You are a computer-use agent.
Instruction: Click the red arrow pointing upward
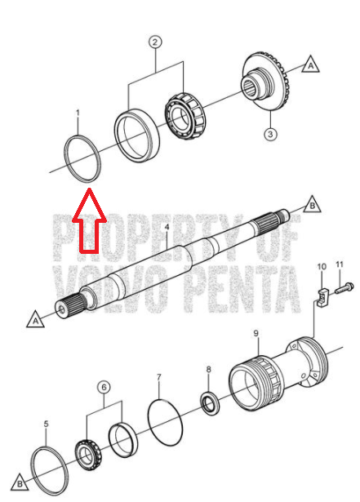tap(89, 221)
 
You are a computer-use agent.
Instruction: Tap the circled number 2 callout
tap(155, 42)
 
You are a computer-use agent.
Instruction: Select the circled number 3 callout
tap(270, 134)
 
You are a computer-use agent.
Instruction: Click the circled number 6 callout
tap(104, 388)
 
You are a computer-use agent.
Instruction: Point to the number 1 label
tap(78, 113)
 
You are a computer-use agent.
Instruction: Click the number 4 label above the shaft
tap(167, 227)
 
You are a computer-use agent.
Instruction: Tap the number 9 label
tap(256, 333)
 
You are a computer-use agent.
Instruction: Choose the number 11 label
tap(340, 264)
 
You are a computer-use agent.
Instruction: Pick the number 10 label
tap(322, 266)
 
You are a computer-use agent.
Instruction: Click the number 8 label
tap(208, 370)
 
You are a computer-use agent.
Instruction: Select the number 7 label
tap(159, 377)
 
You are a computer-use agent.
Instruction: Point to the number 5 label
tap(46, 424)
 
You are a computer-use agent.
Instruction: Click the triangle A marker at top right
tap(310, 65)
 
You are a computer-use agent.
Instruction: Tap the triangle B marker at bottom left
tap(20, 483)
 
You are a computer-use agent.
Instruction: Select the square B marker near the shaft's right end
tap(313, 205)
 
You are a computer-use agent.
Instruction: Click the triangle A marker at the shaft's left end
tap(35, 320)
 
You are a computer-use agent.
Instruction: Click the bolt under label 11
tap(344, 288)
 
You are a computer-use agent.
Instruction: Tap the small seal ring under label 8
tap(210, 402)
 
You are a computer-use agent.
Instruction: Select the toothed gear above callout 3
tap(264, 82)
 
